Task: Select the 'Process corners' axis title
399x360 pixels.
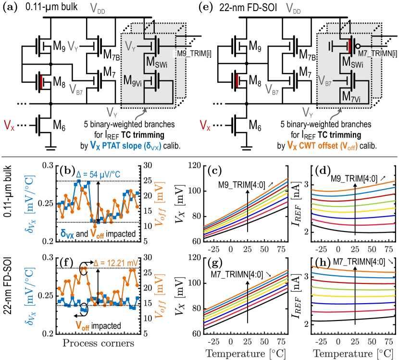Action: click(x=99, y=343)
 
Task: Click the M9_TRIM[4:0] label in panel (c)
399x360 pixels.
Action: click(x=245, y=185)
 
